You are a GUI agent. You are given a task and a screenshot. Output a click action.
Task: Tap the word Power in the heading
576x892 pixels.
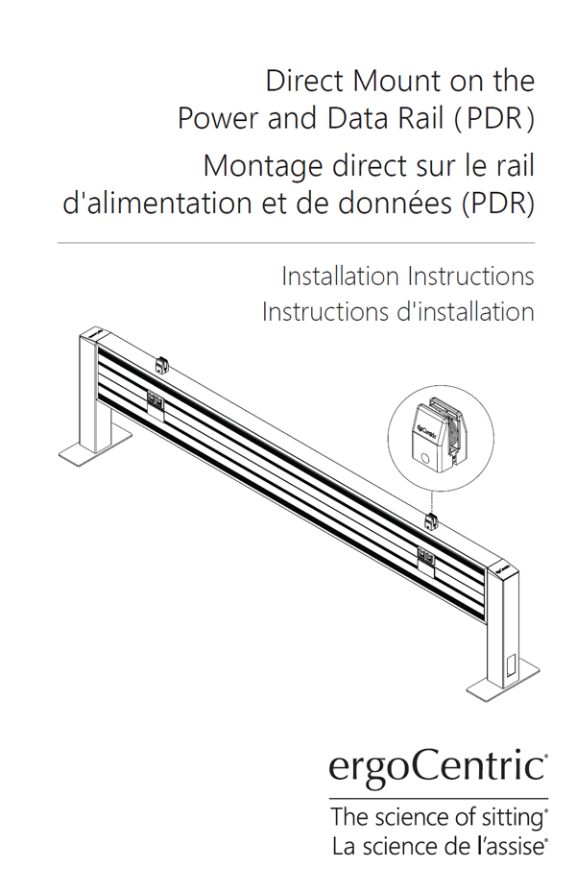tap(219, 118)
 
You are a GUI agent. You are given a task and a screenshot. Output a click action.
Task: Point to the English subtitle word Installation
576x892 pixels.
tap(341, 277)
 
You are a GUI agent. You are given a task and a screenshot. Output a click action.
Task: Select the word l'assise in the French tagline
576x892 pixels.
tap(510, 847)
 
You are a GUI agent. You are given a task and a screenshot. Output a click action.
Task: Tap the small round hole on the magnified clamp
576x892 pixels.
tap(425, 458)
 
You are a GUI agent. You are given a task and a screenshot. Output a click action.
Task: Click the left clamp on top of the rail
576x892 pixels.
tap(162, 364)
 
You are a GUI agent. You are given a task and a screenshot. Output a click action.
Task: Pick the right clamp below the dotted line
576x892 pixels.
tap(432, 521)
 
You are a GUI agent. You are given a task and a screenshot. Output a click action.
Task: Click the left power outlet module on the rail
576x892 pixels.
tap(156, 400)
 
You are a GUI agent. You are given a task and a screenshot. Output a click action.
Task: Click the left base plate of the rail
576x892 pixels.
tap(95, 447)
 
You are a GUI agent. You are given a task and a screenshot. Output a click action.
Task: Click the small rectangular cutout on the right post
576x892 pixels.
tap(510, 665)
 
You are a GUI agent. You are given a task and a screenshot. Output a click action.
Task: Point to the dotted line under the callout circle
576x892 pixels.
tap(432, 502)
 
